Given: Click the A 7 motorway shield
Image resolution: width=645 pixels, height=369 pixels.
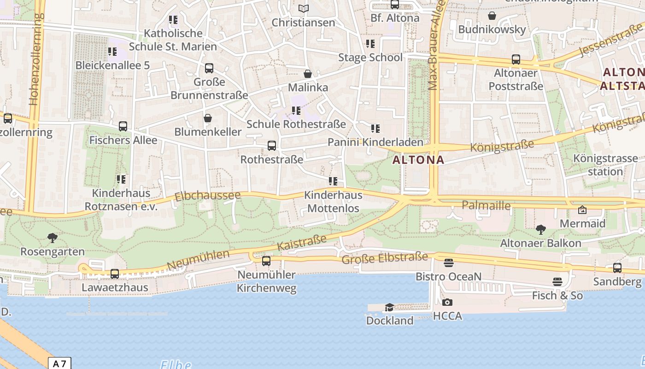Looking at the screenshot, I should tap(59, 363).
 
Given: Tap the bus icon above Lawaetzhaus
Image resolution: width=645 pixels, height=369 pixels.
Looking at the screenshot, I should tap(115, 274).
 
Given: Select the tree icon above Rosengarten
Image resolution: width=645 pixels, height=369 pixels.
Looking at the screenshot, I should tap(53, 238).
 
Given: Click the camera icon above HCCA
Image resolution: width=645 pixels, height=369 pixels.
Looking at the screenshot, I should tap(447, 303).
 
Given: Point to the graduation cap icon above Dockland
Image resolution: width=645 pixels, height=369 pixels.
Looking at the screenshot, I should tap(390, 307).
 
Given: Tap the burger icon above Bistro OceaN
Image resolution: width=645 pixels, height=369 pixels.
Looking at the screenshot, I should tap(448, 263).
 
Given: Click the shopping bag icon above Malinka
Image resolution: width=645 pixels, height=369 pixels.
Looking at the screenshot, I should tap(308, 74).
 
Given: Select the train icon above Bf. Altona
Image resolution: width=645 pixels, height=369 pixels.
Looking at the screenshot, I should tap(395, 5).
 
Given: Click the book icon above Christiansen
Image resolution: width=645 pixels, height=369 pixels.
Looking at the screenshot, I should tap(303, 9).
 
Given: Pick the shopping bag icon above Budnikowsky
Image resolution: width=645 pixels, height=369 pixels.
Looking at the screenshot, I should tap(492, 16).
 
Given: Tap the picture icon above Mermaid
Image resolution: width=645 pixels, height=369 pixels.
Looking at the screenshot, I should tap(582, 210).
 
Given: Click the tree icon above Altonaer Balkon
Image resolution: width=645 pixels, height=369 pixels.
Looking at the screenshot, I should tap(541, 229).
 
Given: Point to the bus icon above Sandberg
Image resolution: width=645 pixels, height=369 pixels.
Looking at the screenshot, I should tap(617, 268).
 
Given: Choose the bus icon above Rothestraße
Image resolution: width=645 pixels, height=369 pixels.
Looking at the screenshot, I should tap(272, 146).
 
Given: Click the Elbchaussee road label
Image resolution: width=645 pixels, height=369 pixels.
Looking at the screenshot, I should tap(207, 196).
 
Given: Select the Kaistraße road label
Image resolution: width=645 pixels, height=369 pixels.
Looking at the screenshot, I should tap(302, 242).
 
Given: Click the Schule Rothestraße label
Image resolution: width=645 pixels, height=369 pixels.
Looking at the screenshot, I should tap(296, 124).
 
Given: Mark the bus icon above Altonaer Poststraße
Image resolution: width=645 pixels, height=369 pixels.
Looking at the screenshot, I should tap(516, 60).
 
